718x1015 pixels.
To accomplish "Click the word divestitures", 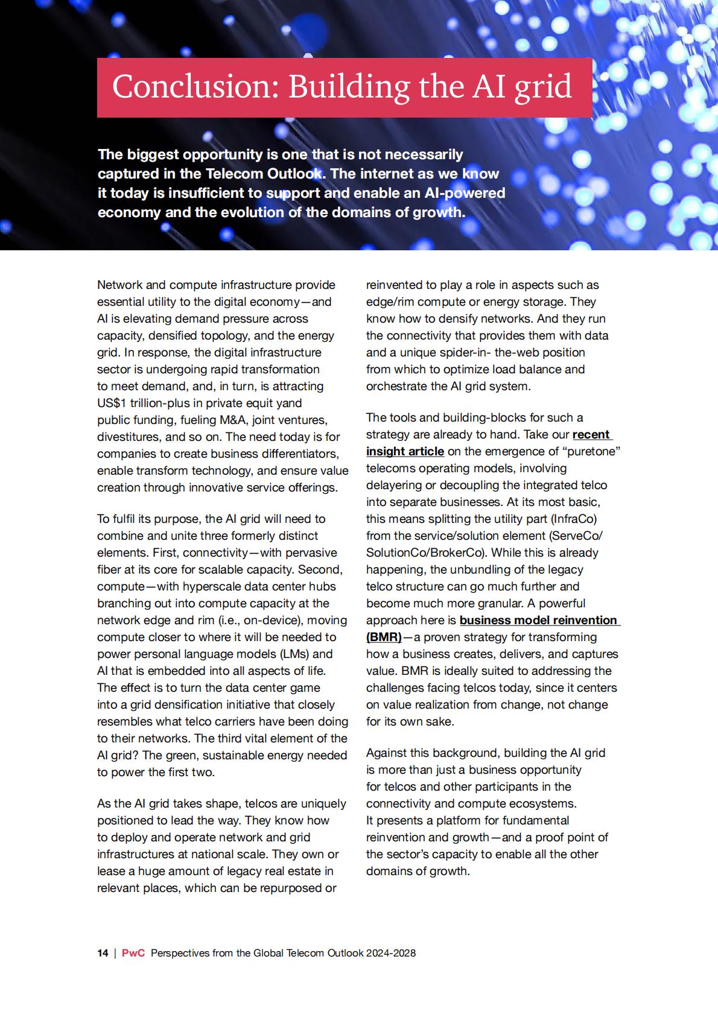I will coord(129,437).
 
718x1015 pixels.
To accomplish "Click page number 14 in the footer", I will coord(103,953).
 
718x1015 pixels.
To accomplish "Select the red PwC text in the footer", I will coord(133,953).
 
